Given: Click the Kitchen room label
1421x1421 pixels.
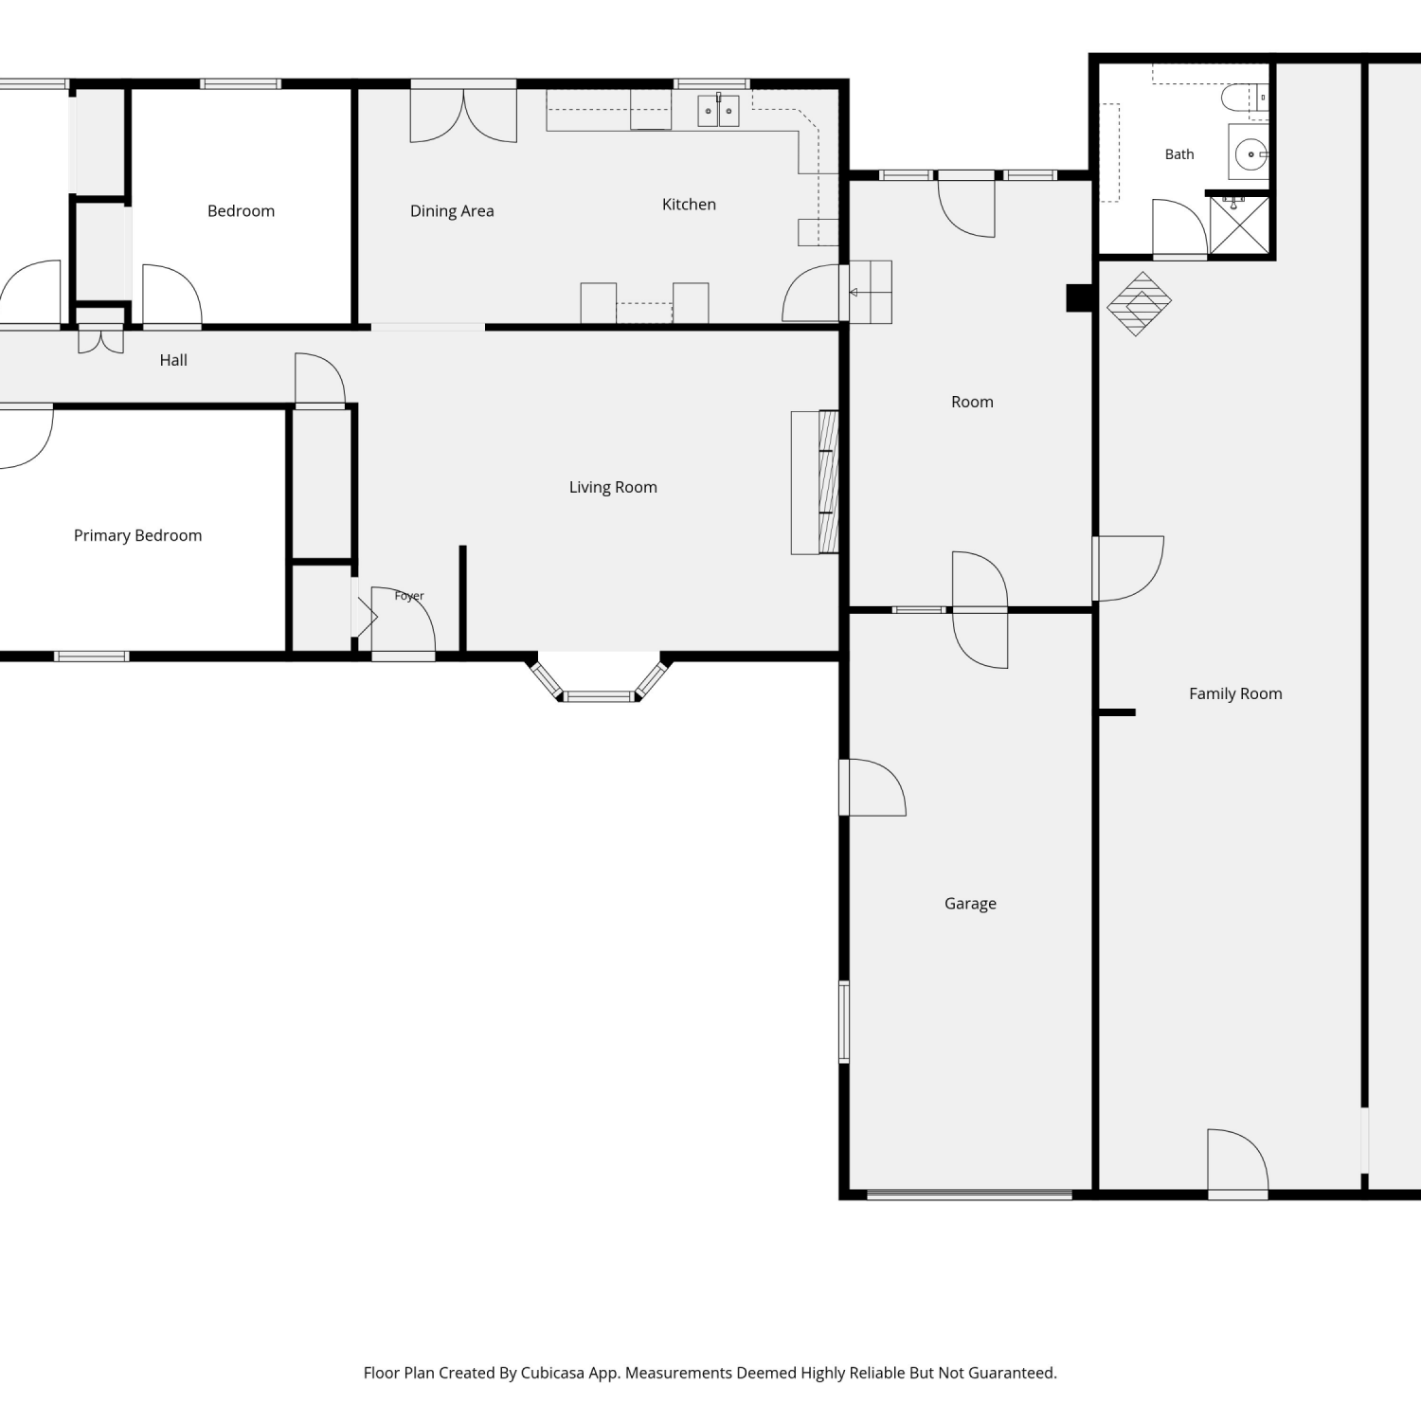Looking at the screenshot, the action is click(689, 205).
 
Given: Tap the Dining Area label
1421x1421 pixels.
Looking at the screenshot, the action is click(452, 211).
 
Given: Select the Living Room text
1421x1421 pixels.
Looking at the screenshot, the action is click(613, 487).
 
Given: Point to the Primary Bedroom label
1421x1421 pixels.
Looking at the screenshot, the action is click(137, 535).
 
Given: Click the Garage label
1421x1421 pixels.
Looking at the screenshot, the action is click(970, 904).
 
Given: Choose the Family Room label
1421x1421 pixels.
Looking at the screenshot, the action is click(1235, 693).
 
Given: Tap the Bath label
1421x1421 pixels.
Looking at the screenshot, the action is click(1179, 154).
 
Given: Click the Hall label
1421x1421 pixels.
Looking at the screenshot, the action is click(173, 360).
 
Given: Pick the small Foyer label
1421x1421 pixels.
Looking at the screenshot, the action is click(409, 596).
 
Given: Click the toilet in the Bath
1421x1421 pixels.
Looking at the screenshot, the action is click(1244, 98).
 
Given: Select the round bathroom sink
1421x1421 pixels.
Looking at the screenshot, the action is click(1250, 153).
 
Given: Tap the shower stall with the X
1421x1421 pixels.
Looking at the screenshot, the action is click(1239, 225).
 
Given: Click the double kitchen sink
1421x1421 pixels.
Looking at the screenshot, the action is click(718, 111).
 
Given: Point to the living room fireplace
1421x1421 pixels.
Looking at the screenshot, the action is click(816, 482).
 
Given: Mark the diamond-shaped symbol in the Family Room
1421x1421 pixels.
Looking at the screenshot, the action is click(1140, 304).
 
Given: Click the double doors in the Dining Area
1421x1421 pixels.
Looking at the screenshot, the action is click(463, 114).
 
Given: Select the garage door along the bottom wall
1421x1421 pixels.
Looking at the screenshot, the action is click(969, 1195).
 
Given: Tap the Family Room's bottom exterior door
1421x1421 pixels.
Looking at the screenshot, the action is click(1238, 1164).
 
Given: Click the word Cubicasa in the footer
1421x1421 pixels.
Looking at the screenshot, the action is click(552, 1373).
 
